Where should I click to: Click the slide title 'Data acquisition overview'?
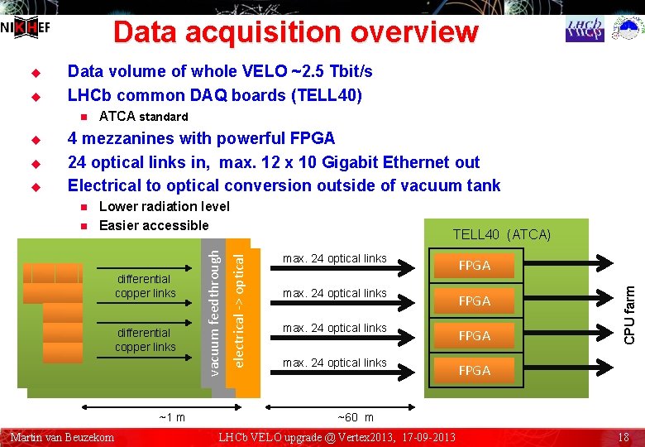tap(295, 32)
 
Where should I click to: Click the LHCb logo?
tap(585, 28)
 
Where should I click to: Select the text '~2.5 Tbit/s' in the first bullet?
tap(329, 71)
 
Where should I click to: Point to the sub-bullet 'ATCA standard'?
tap(143, 117)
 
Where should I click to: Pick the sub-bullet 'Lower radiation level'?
tap(164, 206)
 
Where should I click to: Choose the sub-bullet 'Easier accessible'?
tap(154, 225)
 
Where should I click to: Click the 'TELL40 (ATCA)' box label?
tap(501, 234)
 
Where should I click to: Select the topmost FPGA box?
tap(475, 266)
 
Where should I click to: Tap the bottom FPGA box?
tap(475, 370)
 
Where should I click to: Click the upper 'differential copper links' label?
tap(146, 286)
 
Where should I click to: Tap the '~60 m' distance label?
tap(356, 418)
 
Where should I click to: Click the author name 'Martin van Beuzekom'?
tap(62, 437)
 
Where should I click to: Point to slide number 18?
tap(623, 437)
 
